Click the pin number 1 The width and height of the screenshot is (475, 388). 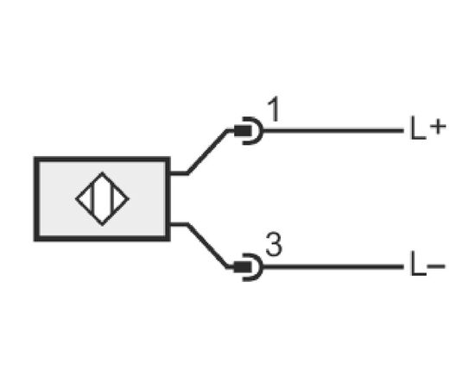(x=275, y=110)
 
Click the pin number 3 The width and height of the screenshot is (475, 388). (x=274, y=245)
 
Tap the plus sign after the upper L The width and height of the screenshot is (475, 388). (x=438, y=127)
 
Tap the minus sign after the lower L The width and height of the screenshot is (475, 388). (x=436, y=266)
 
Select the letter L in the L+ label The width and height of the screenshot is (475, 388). (x=418, y=128)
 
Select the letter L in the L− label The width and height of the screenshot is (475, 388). (x=418, y=264)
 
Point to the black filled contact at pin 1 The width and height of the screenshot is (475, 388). (x=243, y=131)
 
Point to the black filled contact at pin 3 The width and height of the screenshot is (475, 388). (x=243, y=267)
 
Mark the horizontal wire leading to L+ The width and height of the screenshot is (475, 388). (x=333, y=131)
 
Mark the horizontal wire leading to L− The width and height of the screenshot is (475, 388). (x=333, y=266)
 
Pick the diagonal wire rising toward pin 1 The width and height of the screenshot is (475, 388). (x=207, y=152)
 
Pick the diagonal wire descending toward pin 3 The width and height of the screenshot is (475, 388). (x=207, y=245)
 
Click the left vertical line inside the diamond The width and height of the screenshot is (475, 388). (x=92, y=199)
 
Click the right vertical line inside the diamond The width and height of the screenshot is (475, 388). (x=112, y=199)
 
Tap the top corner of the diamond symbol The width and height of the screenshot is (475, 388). (x=103, y=172)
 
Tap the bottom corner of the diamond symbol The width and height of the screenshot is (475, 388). (x=103, y=225)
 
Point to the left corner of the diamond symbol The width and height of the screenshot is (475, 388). (x=76, y=199)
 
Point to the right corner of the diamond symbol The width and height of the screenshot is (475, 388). (x=129, y=199)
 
